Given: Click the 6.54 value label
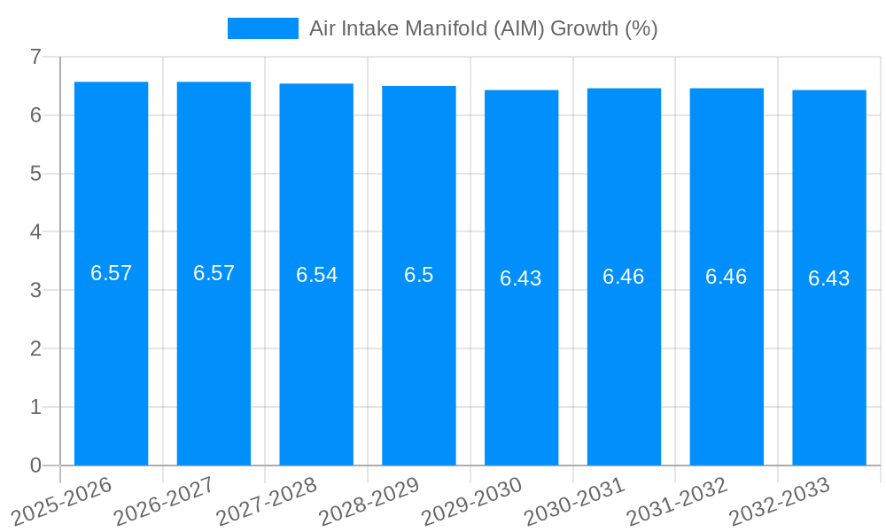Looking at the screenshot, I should [316, 275].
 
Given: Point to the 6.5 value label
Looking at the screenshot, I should [419, 275].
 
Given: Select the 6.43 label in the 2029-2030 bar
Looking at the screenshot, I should [521, 278].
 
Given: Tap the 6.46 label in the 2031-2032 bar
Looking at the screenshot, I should [727, 277].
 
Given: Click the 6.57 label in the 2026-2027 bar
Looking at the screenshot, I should [214, 273].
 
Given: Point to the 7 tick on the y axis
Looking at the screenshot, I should [35, 57].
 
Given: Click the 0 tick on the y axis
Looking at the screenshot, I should [35, 465].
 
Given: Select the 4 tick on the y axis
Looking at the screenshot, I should [35, 231].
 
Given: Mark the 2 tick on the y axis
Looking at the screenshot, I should [35, 348].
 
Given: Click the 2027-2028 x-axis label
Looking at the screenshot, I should [267, 502].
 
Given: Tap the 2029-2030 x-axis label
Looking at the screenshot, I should [472, 502].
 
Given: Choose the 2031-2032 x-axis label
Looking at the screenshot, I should [677, 502].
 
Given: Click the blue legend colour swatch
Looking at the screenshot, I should [262, 28].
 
